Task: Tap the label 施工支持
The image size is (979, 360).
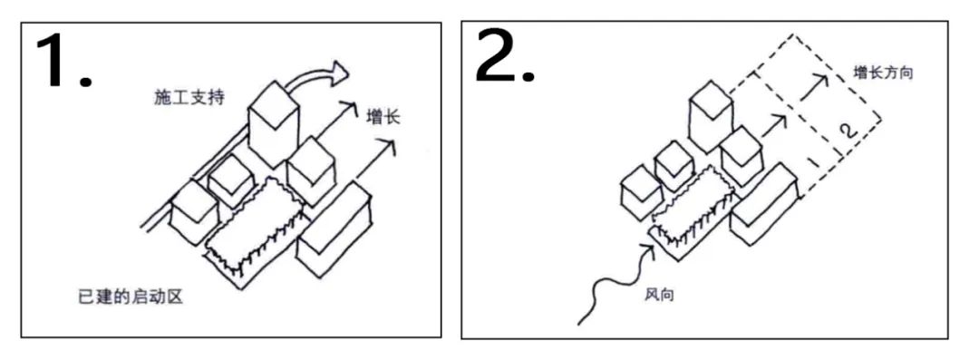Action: (x=189, y=98)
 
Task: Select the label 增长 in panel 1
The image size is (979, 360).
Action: (x=383, y=116)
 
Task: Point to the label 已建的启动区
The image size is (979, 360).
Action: (x=131, y=297)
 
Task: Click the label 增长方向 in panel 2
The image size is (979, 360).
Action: (x=883, y=73)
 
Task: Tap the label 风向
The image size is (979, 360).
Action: (x=659, y=294)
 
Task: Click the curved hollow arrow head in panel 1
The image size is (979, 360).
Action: (x=338, y=73)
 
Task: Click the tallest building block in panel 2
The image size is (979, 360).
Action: (x=712, y=117)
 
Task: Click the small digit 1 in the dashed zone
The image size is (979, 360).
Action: (x=813, y=162)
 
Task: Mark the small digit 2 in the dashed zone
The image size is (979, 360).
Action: (x=847, y=131)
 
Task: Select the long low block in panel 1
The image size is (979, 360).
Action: (x=334, y=230)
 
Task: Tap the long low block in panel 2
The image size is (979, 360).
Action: (x=763, y=204)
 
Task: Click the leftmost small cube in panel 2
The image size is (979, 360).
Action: (x=641, y=192)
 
